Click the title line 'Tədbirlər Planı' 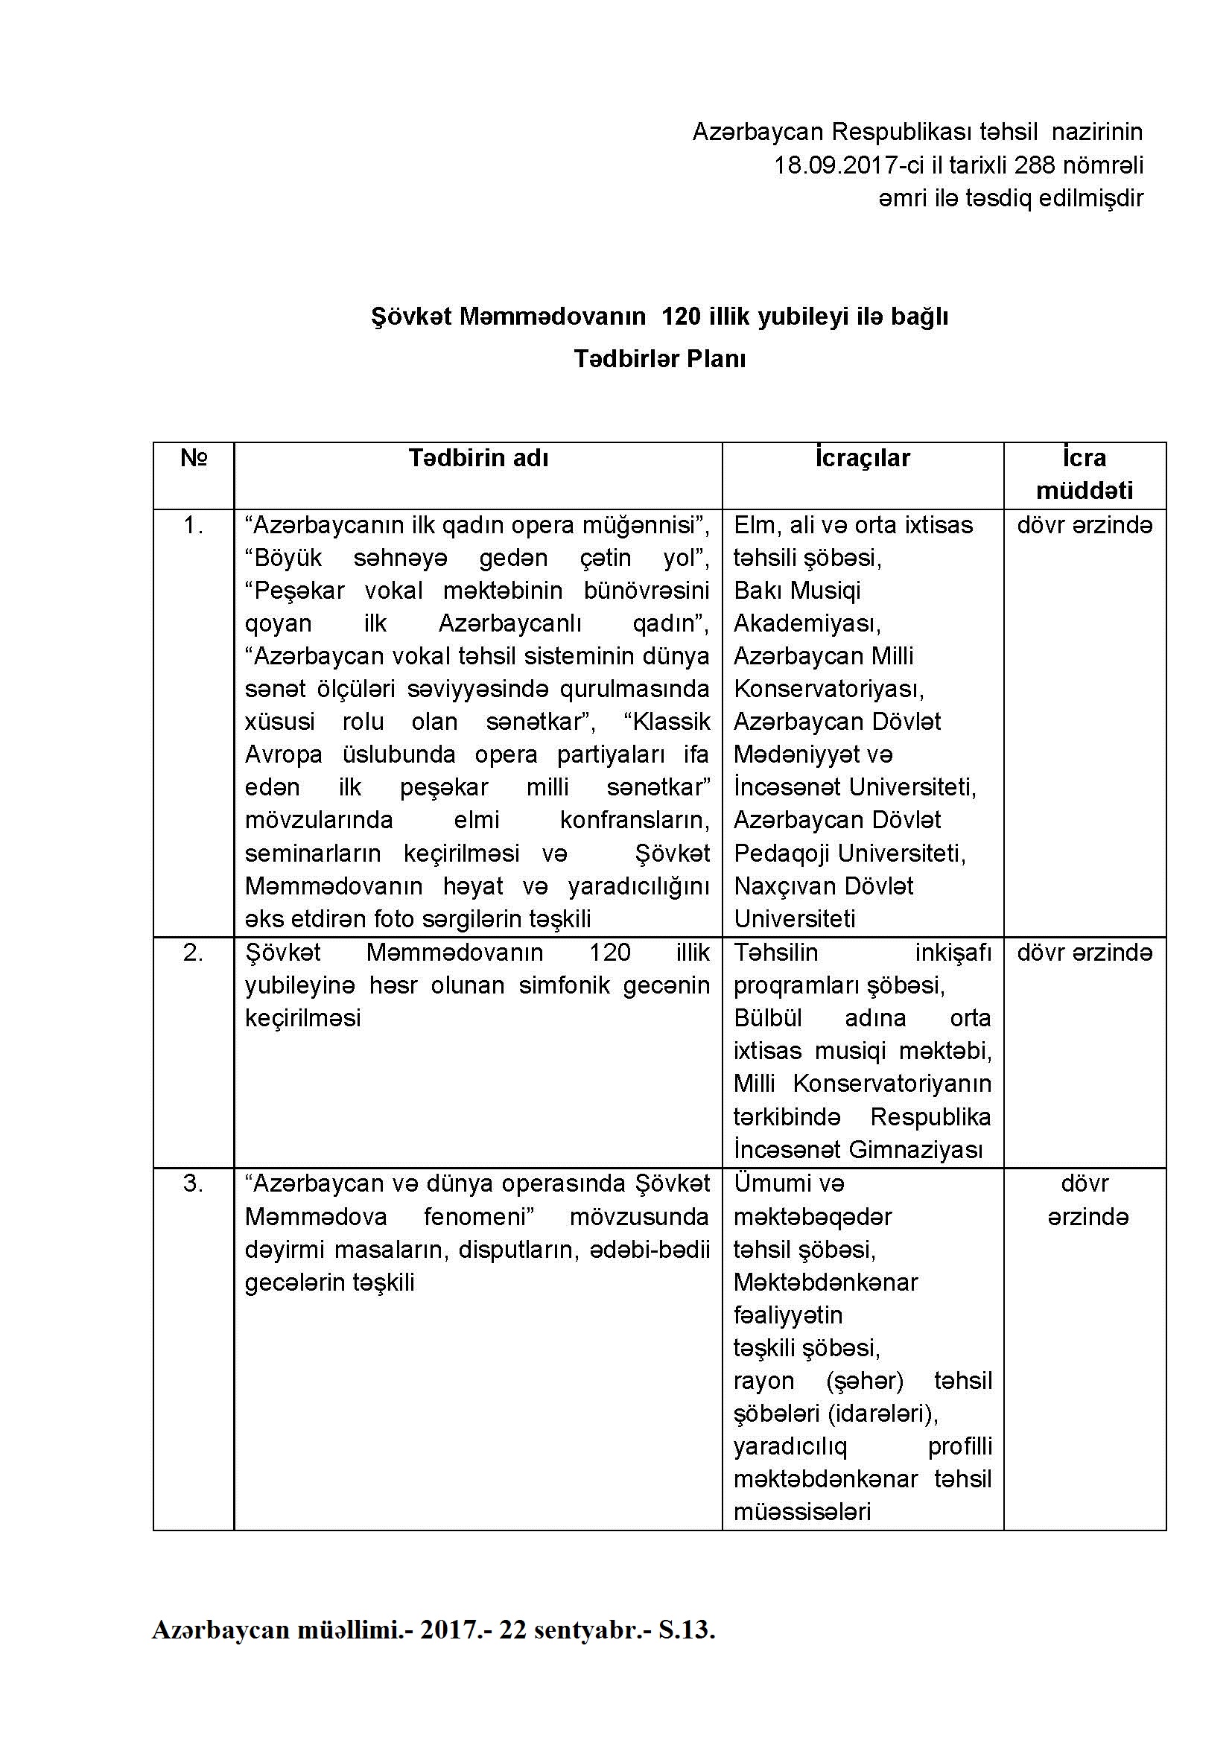pos(660,359)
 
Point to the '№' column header pos(194,458)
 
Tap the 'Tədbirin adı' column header pos(478,458)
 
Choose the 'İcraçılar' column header pos(863,458)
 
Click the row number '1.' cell pos(194,525)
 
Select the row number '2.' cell pos(194,953)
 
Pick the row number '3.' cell pos(194,1183)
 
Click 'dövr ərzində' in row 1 pos(1085,525)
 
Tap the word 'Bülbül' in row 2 pos(768,1018)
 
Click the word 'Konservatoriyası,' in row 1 pos(828,689)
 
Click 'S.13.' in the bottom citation pos(687,1630)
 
